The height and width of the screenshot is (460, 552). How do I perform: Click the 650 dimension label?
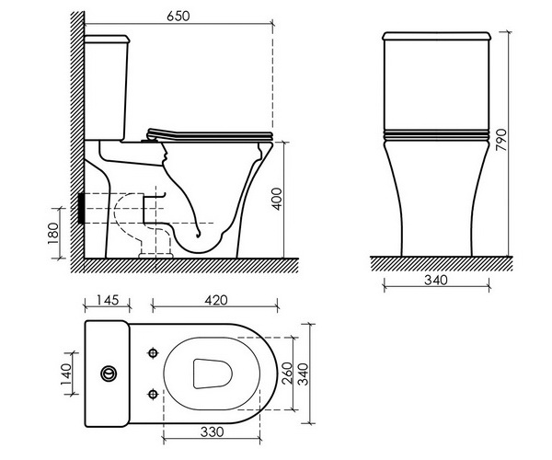click(x=178, y=17)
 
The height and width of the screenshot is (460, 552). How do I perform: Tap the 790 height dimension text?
click(x=501, y=140)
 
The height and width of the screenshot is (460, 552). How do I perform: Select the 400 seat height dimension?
click(x=278, y=200)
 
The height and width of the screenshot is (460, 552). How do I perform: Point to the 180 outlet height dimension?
click(x=52, y=234)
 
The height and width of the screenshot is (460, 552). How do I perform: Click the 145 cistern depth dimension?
click(x=108, y=300)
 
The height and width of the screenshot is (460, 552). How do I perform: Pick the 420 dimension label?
click(x=216, y=300)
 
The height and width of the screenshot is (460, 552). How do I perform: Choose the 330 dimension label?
click(x=212, y=431)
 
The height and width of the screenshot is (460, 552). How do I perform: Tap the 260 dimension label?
click(x=288, y=374)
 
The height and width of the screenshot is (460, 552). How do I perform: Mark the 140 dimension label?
click(x=66, y=374)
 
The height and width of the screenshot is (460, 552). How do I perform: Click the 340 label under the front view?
click(x=436, y=281)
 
